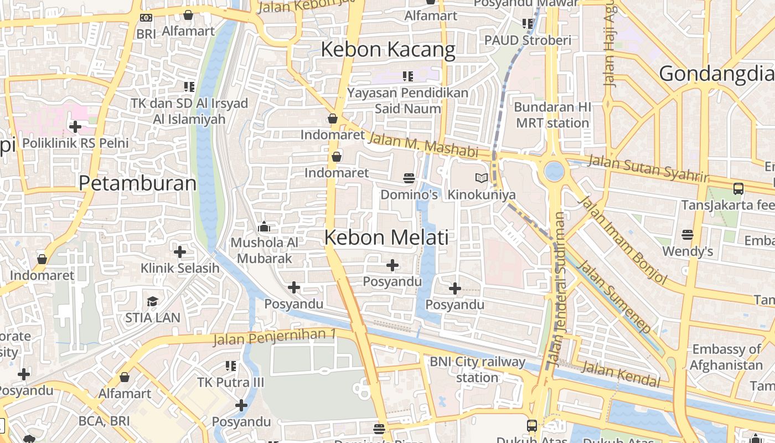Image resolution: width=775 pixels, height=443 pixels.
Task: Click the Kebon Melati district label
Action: (x=386, y=237)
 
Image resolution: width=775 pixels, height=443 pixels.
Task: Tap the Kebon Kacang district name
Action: (x=387, y=49)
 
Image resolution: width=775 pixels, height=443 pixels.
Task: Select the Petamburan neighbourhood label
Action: (x=137, y=183)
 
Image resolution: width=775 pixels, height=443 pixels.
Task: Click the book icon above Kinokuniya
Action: (x=482, y=178)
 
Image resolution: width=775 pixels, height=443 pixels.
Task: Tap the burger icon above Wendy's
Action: (x=688, y=235)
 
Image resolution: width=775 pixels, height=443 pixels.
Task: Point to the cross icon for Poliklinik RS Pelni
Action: (x=75, y=127)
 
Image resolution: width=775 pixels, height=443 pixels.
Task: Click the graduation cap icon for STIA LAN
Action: (x=152, y=301)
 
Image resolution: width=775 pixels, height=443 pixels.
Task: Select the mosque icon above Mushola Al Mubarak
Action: (x=264, y=227)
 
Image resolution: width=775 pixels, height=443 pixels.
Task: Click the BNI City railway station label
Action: (x=477, y=369)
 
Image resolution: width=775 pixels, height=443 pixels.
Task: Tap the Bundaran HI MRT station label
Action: (x=552, y=115)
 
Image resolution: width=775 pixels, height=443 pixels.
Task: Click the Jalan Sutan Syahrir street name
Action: (x=648, y=168)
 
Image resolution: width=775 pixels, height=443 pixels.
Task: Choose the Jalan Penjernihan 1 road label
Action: (x=275, y=337)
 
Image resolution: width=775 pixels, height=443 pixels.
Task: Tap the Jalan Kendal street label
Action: (x=621, y=374)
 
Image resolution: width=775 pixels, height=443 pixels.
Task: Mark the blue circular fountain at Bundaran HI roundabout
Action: (x=554, y=171)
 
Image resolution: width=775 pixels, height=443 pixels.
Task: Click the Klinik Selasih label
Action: (x=180, y=269)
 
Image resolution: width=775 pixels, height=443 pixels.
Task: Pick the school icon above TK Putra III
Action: (x=231, y=366)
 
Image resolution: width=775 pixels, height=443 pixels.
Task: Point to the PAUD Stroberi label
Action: (x=528, y=40)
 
